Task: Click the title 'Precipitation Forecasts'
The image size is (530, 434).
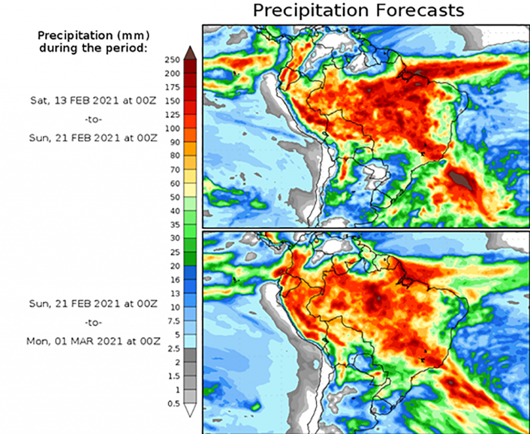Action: click(358, 10)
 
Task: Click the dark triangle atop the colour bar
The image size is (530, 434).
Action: click(190, 52)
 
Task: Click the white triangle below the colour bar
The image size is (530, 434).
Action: click(190, 410)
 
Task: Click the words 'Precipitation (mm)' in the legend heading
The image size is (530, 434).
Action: click(93, 36)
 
